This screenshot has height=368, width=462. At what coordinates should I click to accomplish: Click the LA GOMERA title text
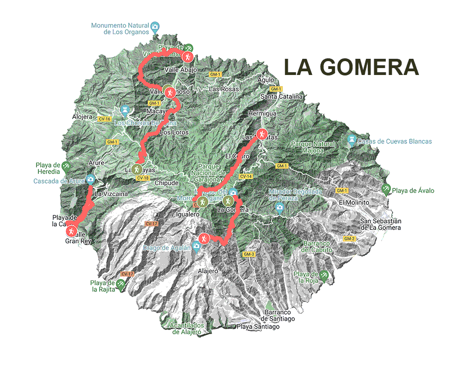coord(351,67)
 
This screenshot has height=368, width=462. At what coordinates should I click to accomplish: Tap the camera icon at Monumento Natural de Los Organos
coord(155,26)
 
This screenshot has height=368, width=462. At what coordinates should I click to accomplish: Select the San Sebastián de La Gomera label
coord(381,224)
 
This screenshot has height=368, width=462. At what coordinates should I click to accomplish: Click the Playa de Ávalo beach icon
coord(386,188)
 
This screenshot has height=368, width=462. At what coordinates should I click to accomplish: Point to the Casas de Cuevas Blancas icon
coord(352,139)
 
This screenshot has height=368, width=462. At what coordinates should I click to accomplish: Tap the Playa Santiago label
coord(258,326)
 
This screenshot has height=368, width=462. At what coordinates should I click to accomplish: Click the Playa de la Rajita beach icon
coord(121,284)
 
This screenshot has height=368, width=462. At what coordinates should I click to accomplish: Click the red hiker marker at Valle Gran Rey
coord(71,230)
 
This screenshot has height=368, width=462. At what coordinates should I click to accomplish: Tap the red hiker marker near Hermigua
coord(262,134)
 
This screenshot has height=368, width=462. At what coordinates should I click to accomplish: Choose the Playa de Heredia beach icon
coord(67,165)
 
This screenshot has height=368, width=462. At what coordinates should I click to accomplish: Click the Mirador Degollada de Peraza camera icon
coord(279,207)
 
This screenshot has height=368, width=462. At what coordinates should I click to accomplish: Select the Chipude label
coord(166,183)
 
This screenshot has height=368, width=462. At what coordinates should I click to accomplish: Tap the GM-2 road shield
coord(349,238)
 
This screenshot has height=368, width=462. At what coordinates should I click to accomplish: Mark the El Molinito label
coord(353,202)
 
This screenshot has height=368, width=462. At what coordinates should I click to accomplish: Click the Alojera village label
coord(82,117)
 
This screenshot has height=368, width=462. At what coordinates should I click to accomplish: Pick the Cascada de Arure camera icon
coord(90,179)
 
